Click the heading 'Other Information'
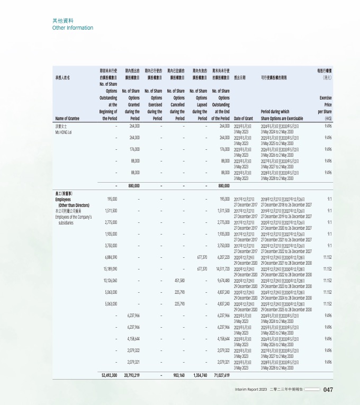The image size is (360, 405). pyautogui.click(x=73, y=28)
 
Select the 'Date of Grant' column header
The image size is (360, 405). pyautogui.click(x=244, y=118)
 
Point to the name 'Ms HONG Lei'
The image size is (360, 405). pyautogui.click(x=65, y=131)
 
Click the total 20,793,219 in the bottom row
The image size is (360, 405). pyautogui.click(x=130, y=375)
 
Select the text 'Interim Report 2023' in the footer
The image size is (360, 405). pyautogui.click(x=251, y=390)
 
